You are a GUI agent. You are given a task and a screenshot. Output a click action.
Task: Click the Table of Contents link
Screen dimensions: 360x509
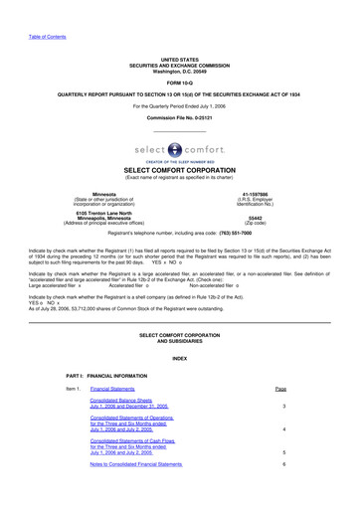[x=27, y=10]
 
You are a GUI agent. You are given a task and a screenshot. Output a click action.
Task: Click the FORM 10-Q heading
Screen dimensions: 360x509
[x=180, y=55]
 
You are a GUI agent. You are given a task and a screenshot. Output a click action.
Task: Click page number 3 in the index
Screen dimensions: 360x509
[x=284, y=408]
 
